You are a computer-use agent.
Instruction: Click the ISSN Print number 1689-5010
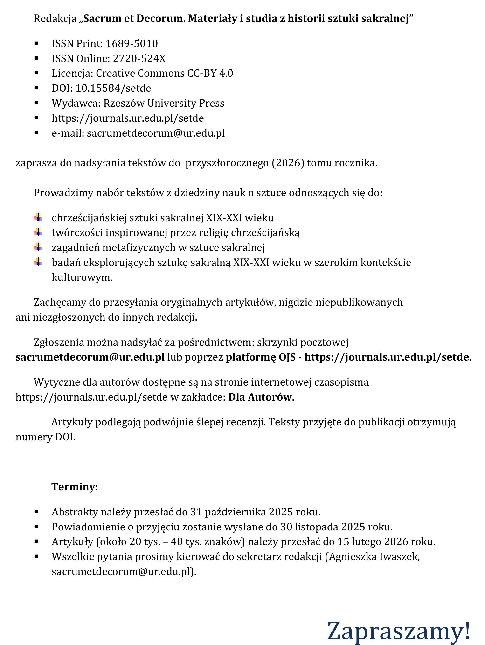(x=132, y=43)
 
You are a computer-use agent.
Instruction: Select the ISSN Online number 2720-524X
(x=139, y=59)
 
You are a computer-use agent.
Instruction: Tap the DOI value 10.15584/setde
(x=113, y=88)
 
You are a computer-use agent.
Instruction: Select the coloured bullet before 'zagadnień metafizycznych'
(x=38, y=248)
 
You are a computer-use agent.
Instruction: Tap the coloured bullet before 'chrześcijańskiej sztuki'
(x=38, y=217)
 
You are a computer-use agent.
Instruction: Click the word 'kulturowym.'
(x=82, y=277)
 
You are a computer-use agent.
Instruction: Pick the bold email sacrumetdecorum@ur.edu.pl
(x=90, y=357)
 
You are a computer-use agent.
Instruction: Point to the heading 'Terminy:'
(x=75, y=487)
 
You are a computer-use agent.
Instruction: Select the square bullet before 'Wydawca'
(x=36, y=103)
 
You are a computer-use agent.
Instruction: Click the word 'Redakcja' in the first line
(x=55, y=19)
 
